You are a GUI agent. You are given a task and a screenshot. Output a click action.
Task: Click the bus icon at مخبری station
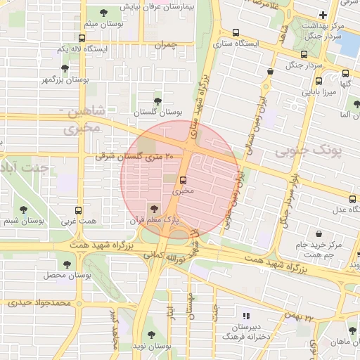tap(184, 179)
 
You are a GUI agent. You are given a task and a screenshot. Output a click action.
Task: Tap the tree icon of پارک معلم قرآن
tap(154, 207)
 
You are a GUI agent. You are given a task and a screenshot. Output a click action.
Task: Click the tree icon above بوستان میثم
tap(105, 13)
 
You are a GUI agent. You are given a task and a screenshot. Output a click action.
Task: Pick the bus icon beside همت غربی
tap(77, 210)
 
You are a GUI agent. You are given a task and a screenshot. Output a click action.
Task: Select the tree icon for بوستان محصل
tap(67, 264)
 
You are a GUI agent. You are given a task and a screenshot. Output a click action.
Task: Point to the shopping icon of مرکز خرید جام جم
tap(319, 233)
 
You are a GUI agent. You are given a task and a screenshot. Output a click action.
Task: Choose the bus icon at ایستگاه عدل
tap(352, 198)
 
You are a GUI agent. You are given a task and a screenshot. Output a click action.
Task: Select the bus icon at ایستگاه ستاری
tap(236, 32)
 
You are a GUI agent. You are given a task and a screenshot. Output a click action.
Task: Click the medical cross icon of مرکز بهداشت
tap(323, 15)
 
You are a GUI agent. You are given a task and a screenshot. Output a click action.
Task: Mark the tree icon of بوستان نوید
tap(150, 335)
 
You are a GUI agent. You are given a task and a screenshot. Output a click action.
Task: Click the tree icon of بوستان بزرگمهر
tap(65, 68)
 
